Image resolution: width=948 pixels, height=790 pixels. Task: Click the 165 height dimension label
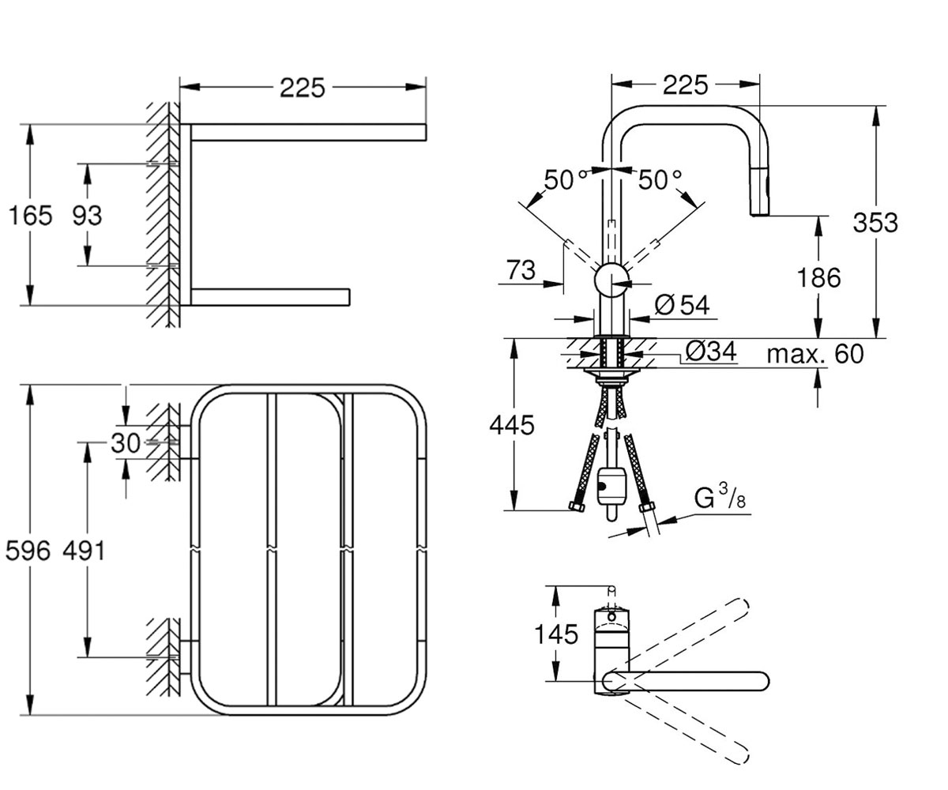click(x=31, y=215)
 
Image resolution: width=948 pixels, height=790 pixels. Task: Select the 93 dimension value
click(x=87, y=215)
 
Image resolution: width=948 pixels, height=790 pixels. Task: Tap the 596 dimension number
click(x=28, y=551)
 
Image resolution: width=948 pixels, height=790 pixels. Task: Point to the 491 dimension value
click(x=84, y=551)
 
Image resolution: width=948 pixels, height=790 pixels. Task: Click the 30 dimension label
click(x=126, y=442)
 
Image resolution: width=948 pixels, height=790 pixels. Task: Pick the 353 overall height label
click(x=875, y=223)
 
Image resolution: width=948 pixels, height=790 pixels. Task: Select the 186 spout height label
click(x=818, y=277)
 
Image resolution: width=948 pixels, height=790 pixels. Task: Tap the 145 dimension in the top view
click(x=556, y=634)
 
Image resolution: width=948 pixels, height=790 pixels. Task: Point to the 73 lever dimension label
click(x=521, y=270)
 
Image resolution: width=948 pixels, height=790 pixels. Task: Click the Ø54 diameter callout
click(x=682, y=305)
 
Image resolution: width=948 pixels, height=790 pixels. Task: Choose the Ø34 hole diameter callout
click(x=711, y=351)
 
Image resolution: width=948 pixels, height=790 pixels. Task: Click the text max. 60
click(x=815, y=354)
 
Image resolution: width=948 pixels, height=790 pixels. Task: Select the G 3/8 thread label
click(x=720, y=498)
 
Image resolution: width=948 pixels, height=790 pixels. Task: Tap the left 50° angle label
click(x=562, y=179)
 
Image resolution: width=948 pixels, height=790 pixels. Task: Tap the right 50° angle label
click(x=660, y=179)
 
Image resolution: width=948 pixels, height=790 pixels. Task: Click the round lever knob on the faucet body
click(x=611, y=280)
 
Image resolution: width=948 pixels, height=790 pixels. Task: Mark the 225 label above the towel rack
click(x=303, y=88)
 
